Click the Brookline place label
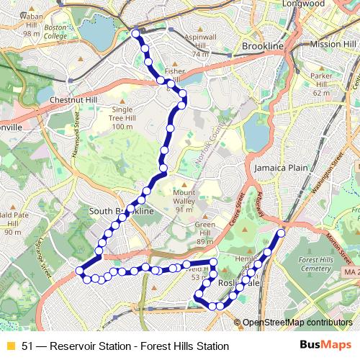tap(264, 45)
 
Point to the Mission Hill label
tap(333, 45)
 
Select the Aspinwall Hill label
tap(190, 40)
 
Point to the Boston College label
tap(55, 33)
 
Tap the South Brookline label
tap(122, 212)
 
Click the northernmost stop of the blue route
tap(136, 33)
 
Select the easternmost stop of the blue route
tap(281, 233)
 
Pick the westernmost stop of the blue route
tap(80, 271)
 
